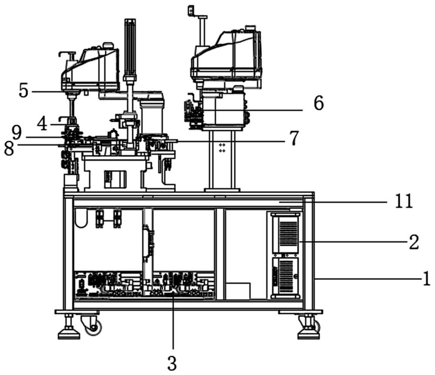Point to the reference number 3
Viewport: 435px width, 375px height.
click(172, 363)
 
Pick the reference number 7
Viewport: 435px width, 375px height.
click(294, 138)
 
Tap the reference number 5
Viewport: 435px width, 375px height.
click(23, 91)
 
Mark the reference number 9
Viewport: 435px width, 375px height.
click(16, 131)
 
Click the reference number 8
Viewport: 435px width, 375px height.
click(9, 148)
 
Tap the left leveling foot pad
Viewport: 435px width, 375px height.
click(69, 334)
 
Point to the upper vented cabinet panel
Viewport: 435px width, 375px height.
click(285, 233)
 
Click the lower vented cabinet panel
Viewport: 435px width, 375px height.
click(285, 277)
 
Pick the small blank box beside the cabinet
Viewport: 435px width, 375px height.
click(238, 291)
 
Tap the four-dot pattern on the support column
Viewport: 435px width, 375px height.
click(222, 147)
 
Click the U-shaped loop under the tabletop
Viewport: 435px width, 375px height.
click(81, 218)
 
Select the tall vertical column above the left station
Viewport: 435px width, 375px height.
click(130, 48)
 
